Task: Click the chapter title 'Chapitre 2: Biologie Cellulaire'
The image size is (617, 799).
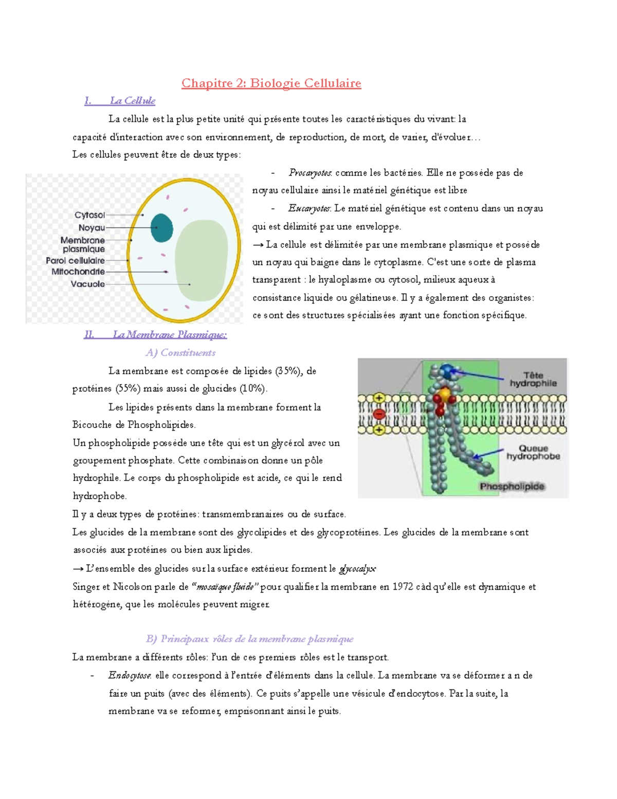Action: point(271,83)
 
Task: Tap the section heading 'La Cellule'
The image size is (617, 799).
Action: point(132,101)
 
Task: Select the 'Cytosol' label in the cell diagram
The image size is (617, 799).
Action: point(89,215)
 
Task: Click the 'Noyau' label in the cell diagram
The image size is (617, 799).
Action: point(92,227)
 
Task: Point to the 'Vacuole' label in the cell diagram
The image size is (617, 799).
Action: point(87,284)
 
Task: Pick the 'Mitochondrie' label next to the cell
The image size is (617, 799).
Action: point(78,272)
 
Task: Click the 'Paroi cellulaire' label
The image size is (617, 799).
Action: point(75,261)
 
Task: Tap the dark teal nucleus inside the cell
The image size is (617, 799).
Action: point(161,228)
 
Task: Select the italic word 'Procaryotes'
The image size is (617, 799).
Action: point(310,173)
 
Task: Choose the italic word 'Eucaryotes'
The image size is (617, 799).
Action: point(309,208)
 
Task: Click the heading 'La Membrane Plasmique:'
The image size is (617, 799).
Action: point(169,335)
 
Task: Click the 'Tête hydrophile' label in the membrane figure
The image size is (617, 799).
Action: point(533,379)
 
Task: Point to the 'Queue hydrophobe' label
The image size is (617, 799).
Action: point(533,452)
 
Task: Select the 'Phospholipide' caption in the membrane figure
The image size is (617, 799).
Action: point(512,486)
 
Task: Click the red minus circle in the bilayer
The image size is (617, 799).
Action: point(379,414)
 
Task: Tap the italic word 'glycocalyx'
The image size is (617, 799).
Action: point(357,569)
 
